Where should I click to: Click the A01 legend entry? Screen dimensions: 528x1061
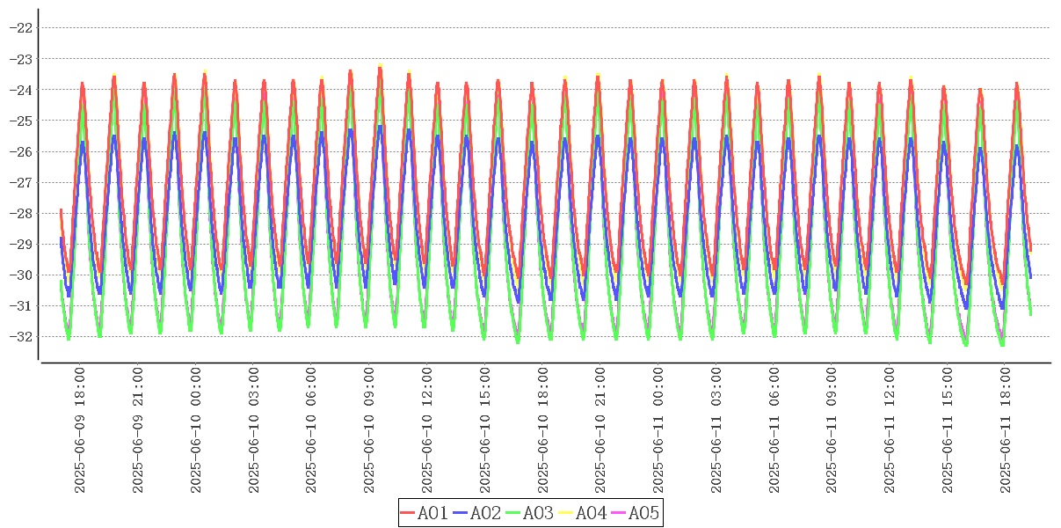point(425,513)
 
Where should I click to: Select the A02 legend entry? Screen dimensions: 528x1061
point(477,513)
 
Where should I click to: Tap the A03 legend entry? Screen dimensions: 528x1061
point(530,513)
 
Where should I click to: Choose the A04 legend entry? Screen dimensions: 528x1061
point(583,513)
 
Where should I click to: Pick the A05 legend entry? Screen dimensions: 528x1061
point(635,513)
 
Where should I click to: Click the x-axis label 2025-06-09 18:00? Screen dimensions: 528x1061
point(80,430)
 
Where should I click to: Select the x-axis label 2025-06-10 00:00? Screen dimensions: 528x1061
point(196,430)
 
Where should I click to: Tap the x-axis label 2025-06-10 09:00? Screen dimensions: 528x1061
point(370,430)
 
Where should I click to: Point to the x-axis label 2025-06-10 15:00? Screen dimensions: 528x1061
point(486,430)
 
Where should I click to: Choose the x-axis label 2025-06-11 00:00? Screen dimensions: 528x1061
point(660,430)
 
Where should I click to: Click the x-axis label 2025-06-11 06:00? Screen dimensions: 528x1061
point(776,430)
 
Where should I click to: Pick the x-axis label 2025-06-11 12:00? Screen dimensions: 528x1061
point(892,430)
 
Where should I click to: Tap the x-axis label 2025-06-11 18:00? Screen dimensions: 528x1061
point(1008,430)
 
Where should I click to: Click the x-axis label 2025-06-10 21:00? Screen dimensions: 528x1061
point(602,430)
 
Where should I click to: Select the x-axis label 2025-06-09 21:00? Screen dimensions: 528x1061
point(138,430)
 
